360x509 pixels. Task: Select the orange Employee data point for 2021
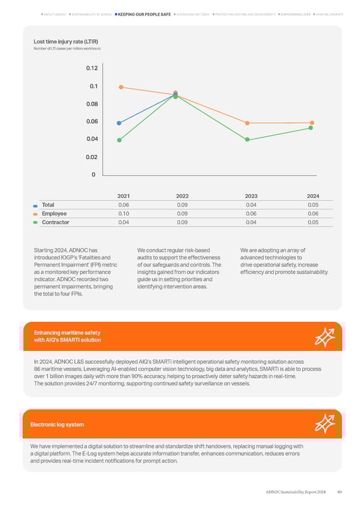point(121,87)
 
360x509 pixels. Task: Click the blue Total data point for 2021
point(119,123)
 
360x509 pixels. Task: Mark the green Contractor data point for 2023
point(247,140)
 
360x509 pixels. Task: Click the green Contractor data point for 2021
point(119,140)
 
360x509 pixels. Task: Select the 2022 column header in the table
point(182,196)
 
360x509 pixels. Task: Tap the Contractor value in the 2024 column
point(313,223)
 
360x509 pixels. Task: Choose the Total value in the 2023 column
point(251,205)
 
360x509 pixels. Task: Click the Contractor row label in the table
point(55,223)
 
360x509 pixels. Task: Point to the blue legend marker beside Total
point(36,205)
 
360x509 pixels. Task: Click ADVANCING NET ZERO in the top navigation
point(193,14)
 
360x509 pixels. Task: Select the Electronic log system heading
point(57,425)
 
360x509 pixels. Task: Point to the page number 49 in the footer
point(340,492)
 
